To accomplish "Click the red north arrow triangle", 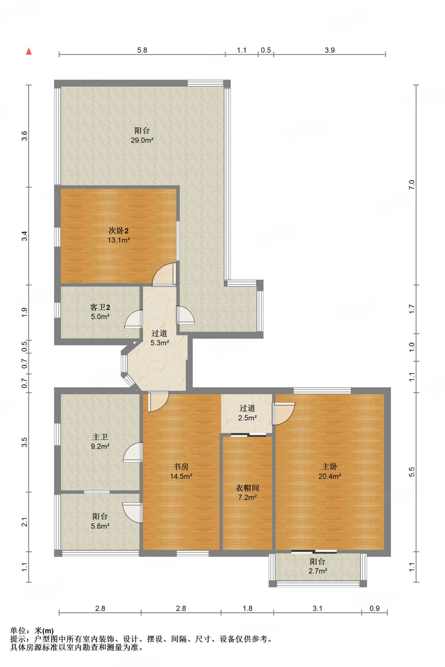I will tap(29, 51).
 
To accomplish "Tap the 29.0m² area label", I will tap(142, 140).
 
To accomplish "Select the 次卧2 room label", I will tap(118, 231).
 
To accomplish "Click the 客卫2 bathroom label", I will tap(100, 307).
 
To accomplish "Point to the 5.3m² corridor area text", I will tap(160, 343).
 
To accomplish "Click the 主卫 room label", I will tap(100, 437).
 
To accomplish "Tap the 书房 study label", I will tap(181, 466).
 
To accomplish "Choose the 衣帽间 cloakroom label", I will tap(247, 488).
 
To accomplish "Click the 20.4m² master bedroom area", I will tap(329, 476).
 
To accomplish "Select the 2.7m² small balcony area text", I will tap(318, 571).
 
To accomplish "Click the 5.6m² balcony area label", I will tap(100, 526).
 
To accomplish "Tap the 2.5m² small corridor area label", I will tap(247, 418).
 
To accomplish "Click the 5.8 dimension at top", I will tap(142, 50).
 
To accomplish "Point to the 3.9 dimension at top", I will tap(329, 50).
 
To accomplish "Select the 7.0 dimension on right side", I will tap(412, 185).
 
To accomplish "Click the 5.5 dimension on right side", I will tap(412, 472).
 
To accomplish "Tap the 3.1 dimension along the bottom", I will tap(317, 608).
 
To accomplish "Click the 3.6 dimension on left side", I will tap(24, 136).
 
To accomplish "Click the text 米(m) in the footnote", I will tap(44, 631).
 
